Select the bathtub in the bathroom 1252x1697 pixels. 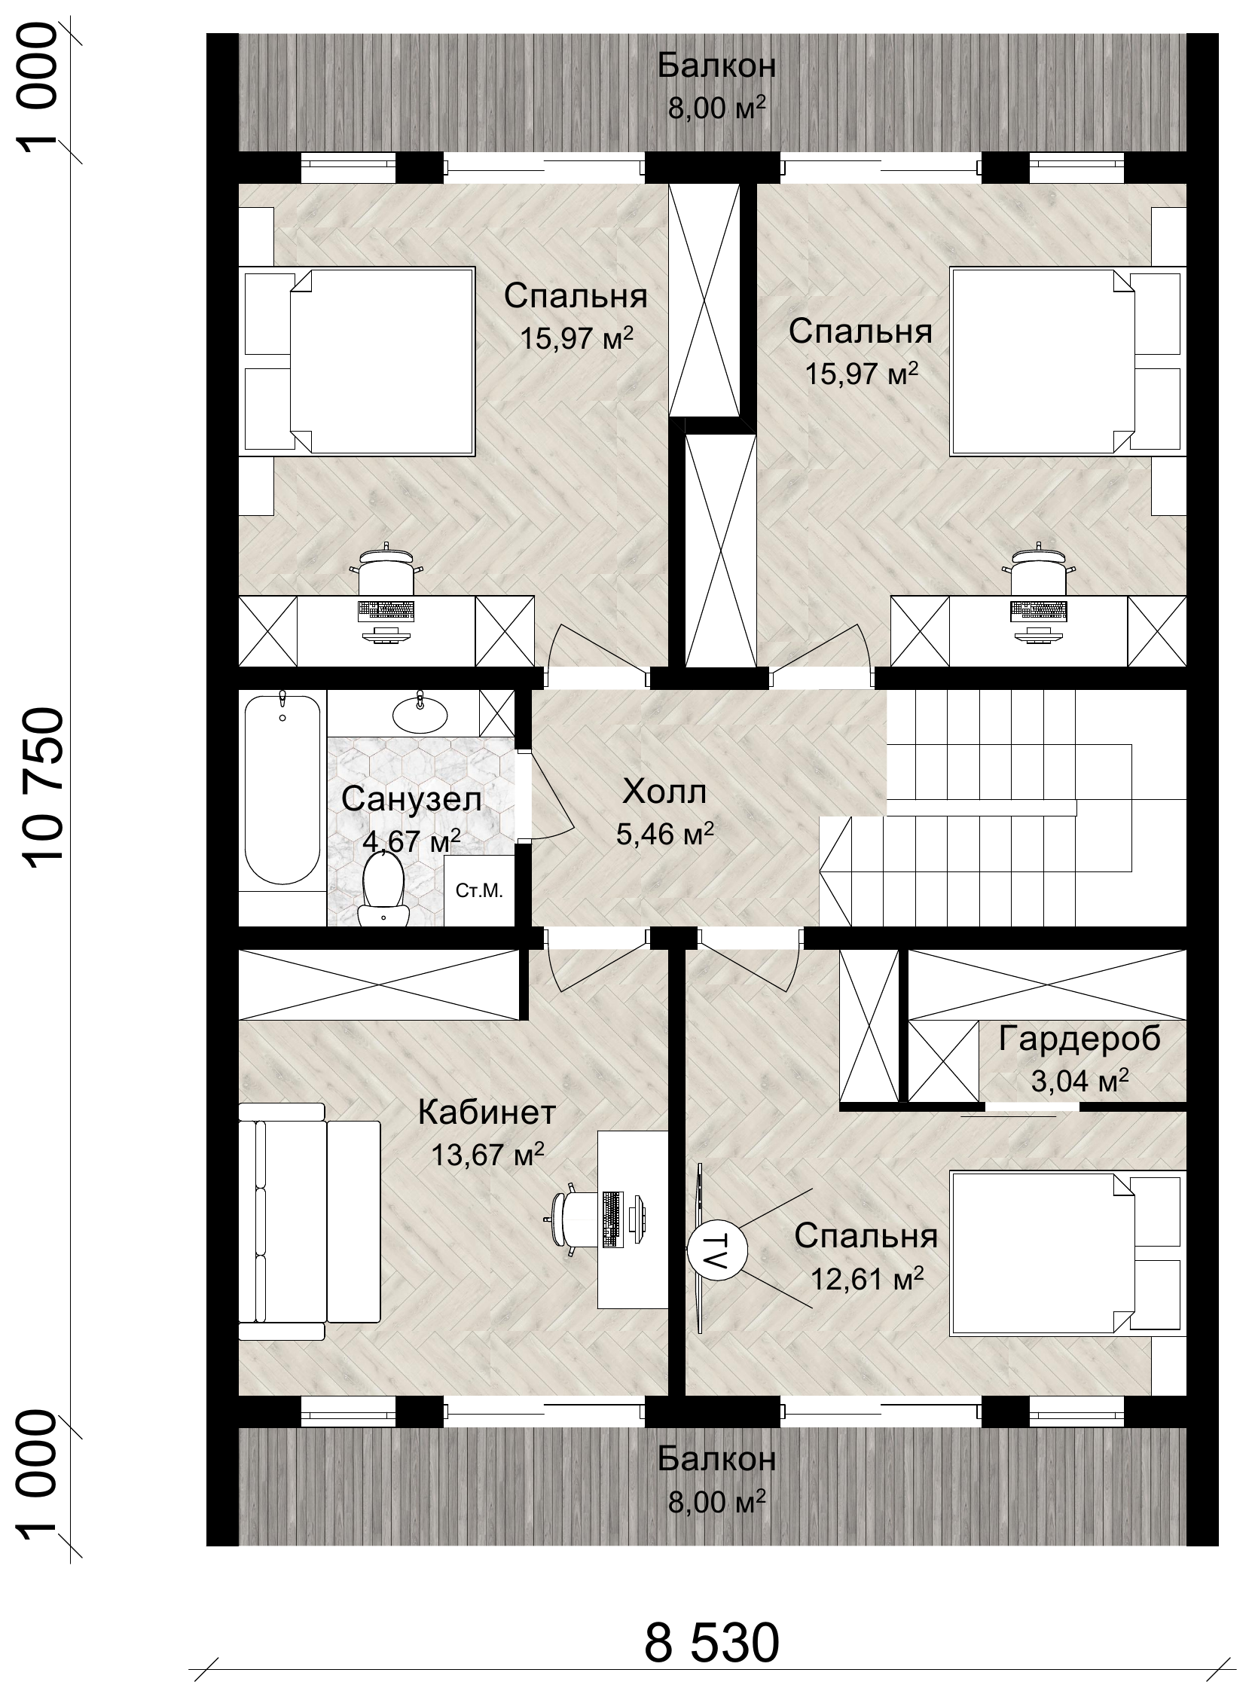[282, 789]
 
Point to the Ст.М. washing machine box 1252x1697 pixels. [479, 891]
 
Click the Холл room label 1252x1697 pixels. [664, 792]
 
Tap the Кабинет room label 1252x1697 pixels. [487, 1113]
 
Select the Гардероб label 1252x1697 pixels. [1079, 1039]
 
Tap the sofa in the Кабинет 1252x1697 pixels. [308, 1222]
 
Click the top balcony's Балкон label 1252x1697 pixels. [716, 66]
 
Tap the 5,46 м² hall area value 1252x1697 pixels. [664, 834]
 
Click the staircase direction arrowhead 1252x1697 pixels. [836, 871]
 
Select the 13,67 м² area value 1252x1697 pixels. [487, 1155]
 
